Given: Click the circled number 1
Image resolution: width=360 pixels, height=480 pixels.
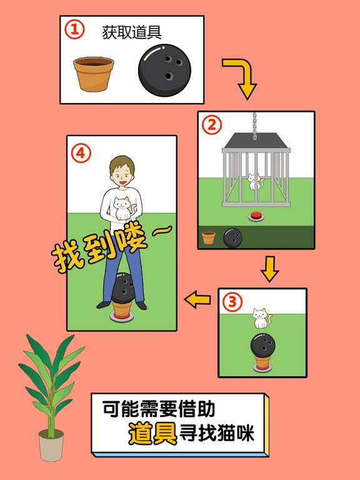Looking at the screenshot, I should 74,30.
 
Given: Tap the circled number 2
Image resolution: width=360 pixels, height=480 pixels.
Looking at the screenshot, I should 211,124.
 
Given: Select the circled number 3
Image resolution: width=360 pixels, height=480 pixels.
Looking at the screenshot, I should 232,302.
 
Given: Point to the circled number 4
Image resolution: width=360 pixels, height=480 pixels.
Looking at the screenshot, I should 80,152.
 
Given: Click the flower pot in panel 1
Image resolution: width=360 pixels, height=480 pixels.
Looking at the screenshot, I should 94,74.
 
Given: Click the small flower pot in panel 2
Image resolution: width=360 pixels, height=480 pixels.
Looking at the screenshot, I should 209,238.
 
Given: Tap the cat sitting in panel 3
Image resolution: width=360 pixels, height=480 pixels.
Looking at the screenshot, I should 261,318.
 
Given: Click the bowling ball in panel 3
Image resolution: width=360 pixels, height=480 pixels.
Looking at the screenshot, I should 262,346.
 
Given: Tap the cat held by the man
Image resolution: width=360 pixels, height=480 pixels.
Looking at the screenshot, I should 121,208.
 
